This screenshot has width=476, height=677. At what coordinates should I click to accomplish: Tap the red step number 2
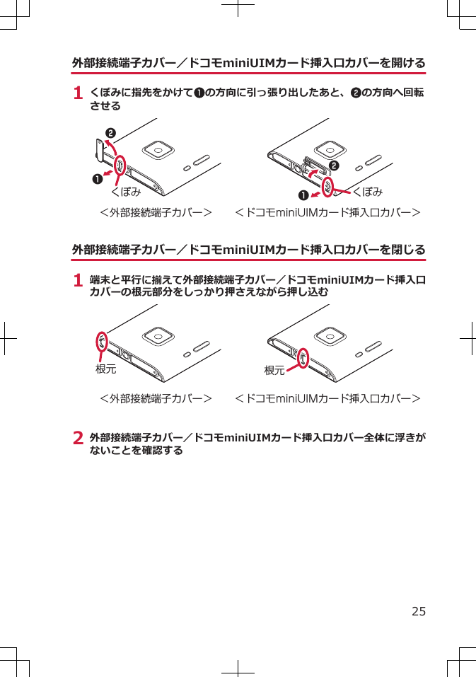[79, 439]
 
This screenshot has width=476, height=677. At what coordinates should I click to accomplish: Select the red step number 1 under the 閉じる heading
[79, 281]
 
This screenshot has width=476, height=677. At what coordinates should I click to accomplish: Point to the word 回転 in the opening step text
[413, 93]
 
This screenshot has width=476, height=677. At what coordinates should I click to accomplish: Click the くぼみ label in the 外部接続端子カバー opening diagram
[126, 192]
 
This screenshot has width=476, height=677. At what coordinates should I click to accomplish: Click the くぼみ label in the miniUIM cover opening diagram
[368, 192]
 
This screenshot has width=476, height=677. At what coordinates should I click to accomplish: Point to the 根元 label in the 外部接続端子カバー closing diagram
[105, 369]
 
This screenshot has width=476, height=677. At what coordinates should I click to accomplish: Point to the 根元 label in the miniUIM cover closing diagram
[274, 370]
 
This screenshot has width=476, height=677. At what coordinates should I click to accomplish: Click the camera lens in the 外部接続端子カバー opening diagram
[159, 151]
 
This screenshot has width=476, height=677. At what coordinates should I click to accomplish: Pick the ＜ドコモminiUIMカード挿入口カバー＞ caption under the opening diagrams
[328, 212]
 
